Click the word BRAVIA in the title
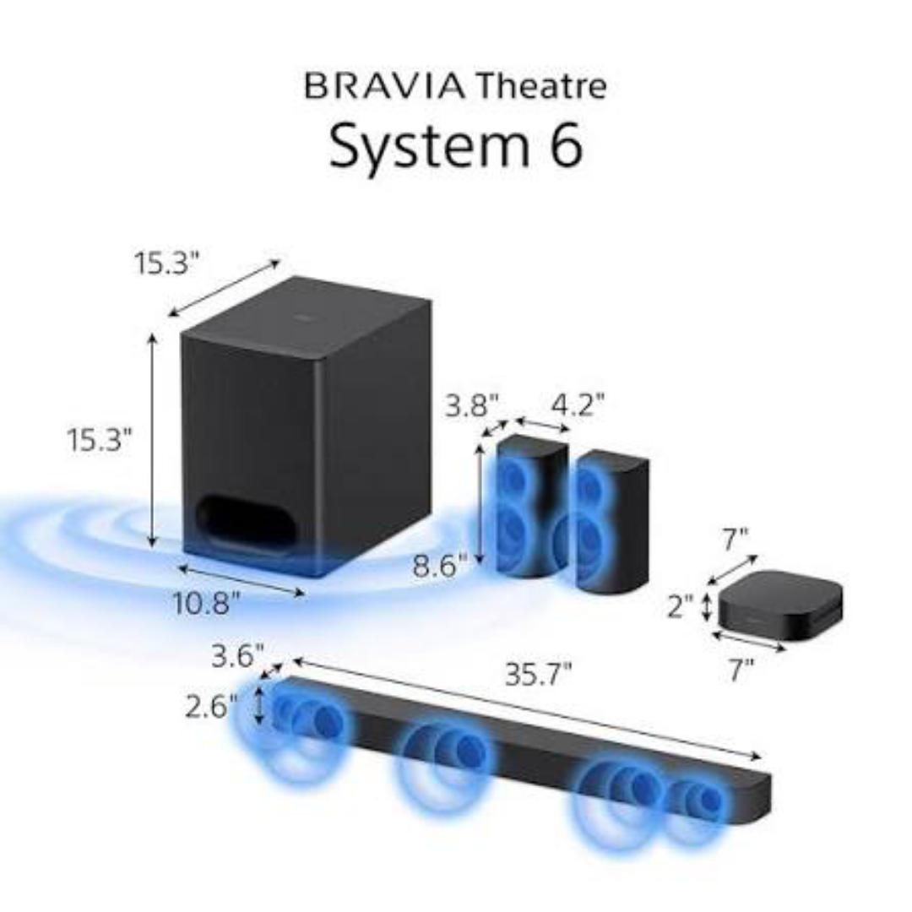click(384, 87)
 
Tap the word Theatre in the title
click(540, 87)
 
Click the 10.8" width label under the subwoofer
click(208, 605)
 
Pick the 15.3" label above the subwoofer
click(166, 263)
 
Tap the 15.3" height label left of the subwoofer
click(100, 440)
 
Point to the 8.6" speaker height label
click(440, 563)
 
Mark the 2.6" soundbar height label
click(212, 706)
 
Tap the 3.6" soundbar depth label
click(237, 656)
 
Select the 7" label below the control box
click(741, 670)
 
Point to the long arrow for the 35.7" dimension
click(524, 708)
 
